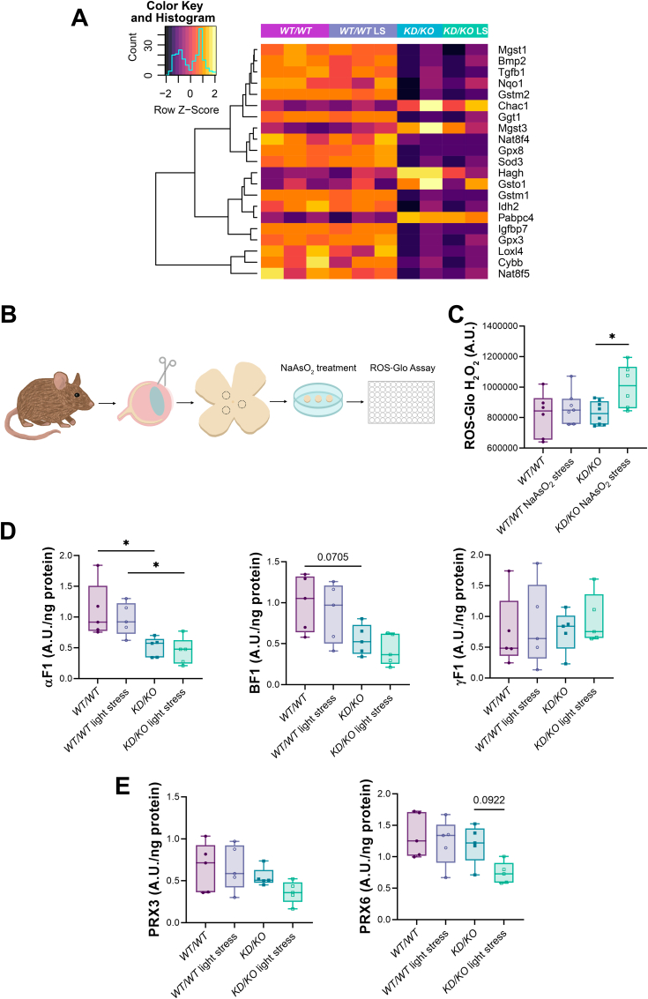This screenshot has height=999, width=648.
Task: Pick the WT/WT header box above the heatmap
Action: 294,31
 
